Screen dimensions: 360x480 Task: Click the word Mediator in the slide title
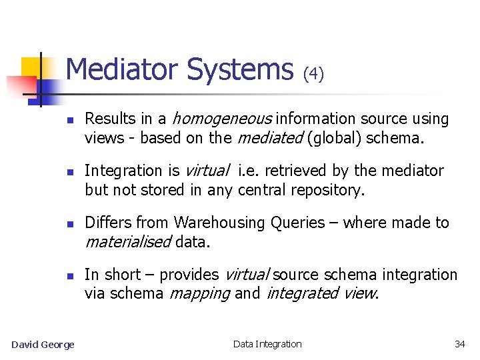coord(123,69)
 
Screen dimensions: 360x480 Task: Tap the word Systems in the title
coord(241,69)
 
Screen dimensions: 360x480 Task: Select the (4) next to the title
coord(313,74)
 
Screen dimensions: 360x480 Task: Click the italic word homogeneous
coord(222,119)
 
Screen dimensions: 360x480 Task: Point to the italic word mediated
coord(262,138)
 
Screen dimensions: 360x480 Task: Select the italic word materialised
coord(128,242)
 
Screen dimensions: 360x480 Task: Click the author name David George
coord(43,344)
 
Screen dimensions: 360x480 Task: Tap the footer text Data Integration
coord(267,344)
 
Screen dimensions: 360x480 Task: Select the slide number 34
coord(459,344)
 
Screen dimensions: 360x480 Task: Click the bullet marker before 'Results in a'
coord(69,120)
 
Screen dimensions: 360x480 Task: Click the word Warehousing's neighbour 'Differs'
coord(108,223)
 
